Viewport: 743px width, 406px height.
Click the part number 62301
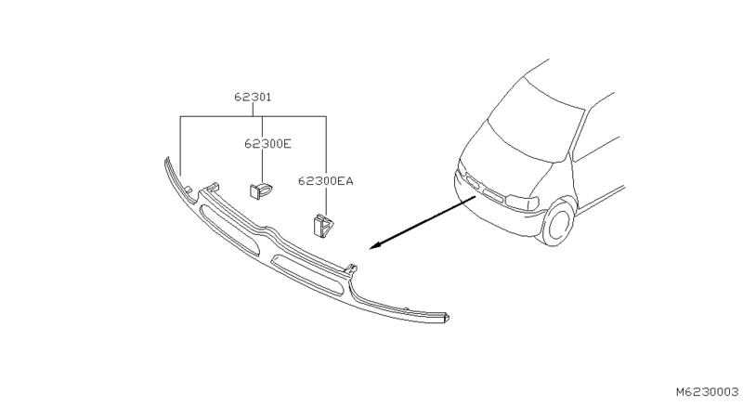253,98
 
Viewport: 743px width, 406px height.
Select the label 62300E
267,143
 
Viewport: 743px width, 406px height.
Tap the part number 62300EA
326,180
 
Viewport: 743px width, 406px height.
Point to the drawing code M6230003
707,392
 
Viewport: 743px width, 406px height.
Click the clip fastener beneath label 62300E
261,190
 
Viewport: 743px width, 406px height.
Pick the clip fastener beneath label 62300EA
323,226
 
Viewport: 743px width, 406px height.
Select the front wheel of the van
558,223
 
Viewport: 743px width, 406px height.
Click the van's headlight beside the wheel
522,203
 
